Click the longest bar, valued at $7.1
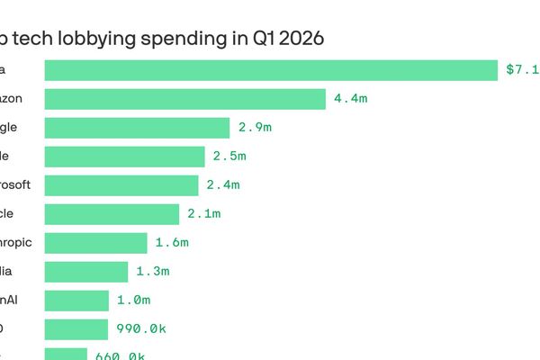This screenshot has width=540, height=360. [x=270, y=70]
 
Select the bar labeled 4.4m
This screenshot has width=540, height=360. [x=184, y=99]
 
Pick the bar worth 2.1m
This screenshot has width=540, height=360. [x=112, y=214]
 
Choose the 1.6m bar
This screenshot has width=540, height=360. [x=95, y=243]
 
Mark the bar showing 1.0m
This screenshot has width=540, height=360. [x=76, y=301]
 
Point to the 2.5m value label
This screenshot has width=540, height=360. [x=229, y=157]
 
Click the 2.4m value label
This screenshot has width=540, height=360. [x=222, y=185]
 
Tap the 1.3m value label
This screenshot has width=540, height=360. [x=152, y=272]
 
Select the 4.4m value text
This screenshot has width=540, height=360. [x=350, y=99]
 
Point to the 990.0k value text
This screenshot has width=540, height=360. [x=141, y=329]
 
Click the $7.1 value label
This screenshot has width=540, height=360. [x=522, y=70]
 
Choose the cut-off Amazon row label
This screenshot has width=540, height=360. [x=11, y=99]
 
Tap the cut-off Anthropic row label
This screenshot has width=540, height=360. [x=16, y=243]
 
